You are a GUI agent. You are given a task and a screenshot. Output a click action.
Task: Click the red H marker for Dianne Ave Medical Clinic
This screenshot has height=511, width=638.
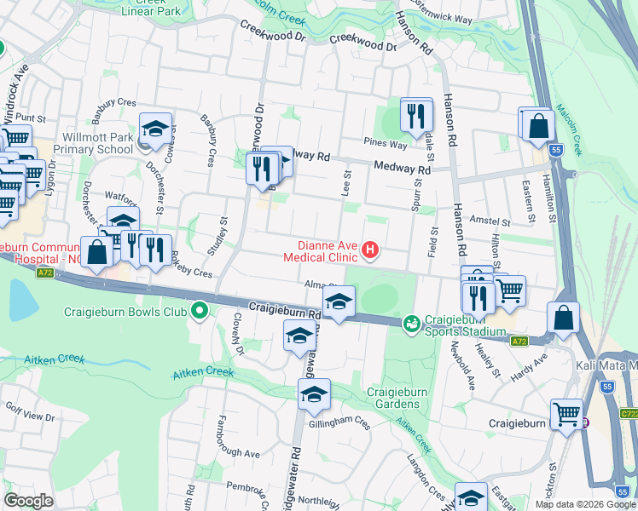(x=370, y=250)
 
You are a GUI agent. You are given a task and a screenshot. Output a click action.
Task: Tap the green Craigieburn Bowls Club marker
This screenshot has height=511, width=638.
(x=200, y=311)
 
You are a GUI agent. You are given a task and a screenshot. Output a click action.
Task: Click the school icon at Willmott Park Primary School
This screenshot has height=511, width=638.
(x=156, y=129)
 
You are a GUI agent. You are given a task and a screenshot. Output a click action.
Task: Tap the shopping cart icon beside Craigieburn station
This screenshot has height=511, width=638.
(x=566, y=414)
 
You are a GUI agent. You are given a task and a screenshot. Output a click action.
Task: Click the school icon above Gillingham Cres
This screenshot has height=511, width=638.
(x=313, y=394)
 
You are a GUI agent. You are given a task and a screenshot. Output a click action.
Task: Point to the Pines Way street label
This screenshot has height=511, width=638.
(x=380, y=142)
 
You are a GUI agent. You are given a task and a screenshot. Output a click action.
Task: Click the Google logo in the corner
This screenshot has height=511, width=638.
(x=28, y=501)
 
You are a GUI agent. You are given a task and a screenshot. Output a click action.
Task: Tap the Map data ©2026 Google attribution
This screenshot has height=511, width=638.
(x=585, y=504)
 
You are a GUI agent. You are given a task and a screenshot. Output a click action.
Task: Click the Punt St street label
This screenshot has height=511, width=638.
(x=30, y=118)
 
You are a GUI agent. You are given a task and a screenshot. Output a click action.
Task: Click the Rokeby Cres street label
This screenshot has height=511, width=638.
(x=190, y=273)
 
